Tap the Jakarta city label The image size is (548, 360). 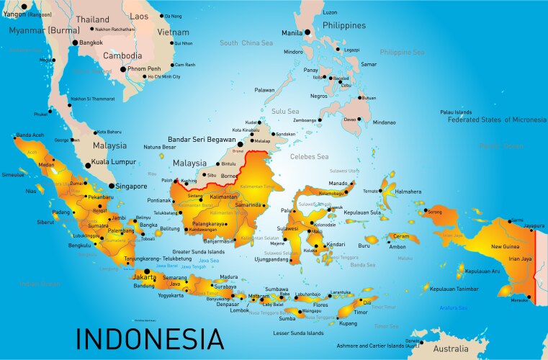(x=145, y=276)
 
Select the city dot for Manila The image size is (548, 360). (x=307, y=32)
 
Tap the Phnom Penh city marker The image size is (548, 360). (x=123, y=69)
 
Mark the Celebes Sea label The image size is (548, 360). (x=308, y=156)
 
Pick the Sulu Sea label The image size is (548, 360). (x=285, y=112)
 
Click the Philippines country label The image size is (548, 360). (x=349, y=25)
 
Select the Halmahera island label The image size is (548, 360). (x=408, y=192)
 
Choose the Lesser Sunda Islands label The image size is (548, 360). (x=299, y=333)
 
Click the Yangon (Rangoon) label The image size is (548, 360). (x=27, y=14)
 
